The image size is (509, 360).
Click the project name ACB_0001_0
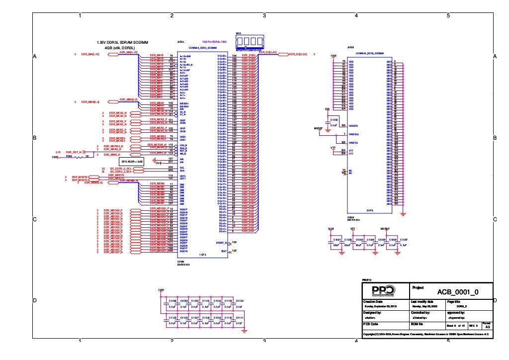coord(457,292)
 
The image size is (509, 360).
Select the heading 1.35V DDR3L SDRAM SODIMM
coord(124,43)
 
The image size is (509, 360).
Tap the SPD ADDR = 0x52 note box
coord(132,162)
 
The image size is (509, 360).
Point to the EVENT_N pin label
coord(221,243)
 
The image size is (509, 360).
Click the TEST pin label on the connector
coord(223,251)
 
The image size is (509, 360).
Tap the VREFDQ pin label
coord(353,134)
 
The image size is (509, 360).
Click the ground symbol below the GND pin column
coord(403,213)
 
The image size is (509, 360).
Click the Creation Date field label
coord(373,302)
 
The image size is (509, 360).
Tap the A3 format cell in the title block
coord(488,326)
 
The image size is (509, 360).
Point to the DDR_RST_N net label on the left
coord(74,152)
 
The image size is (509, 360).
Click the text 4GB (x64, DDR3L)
coord(119,48)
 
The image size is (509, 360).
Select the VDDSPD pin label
coord(353,126)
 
